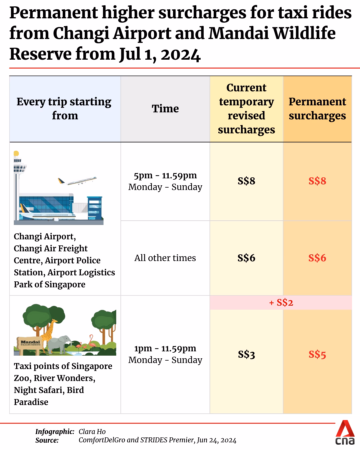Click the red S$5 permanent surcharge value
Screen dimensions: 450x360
tap(317, 354)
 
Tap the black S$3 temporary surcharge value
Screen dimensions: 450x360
tap(246, 354)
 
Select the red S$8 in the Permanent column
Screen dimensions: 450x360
tap(317, 181)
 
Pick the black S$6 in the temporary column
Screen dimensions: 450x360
tap(246, 258)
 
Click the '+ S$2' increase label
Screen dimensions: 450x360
tap(281, 303)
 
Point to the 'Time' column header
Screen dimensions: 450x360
tap(165, 109)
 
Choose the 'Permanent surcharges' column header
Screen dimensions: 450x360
tap(317, 109)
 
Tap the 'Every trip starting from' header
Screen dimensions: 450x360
tap(64, 109)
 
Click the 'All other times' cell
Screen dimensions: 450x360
tap(165, 258)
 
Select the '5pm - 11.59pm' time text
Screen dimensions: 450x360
tap(165, 176)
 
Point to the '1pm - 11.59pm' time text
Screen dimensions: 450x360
tap(165, 349)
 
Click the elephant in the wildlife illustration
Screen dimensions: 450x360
tap(60, 343)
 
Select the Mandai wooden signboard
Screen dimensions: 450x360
tap(30, 342)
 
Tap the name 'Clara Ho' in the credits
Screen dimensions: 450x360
tap(92, 432)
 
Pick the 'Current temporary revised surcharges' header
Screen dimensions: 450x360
tap(246, 109)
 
